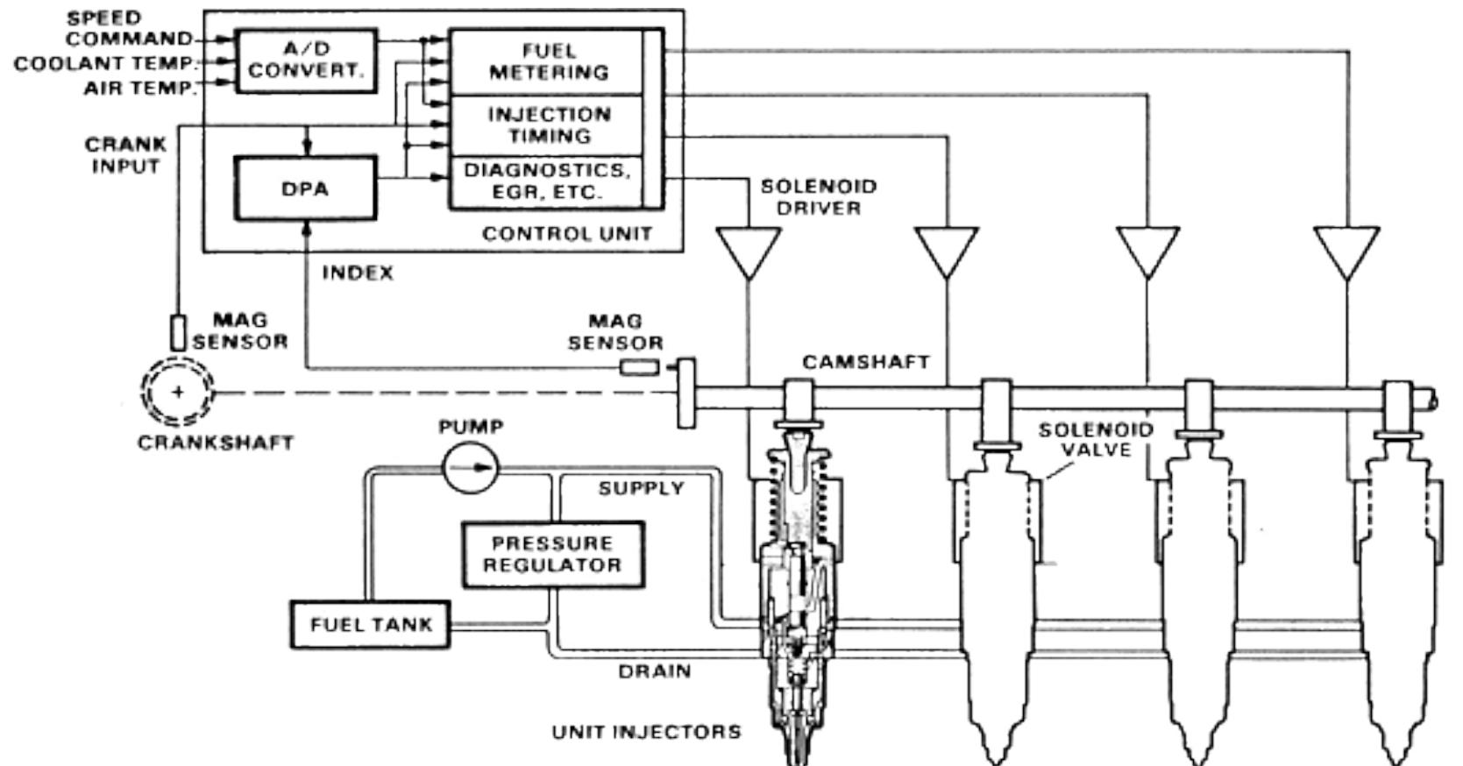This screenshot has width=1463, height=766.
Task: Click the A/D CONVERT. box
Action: pyautogui.click(x=306, y=60)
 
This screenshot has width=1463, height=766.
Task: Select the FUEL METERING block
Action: pyautogui.click(x=547, y=62)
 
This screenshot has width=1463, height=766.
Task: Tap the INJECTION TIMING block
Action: pyautogui.click(x=547, y=125)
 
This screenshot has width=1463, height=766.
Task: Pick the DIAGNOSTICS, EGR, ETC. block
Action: pyautogui.click(x=547, y=181)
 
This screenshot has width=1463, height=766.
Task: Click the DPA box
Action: pyautogui.click(x=305, y=188)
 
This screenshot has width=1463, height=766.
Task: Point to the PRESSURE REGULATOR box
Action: pyautogui.click(x=552, y=555)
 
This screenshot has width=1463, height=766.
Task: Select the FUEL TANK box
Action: pyautogui.click(x=370, y=625)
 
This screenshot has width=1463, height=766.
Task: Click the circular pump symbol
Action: pyautogui.click(x=470, y=467)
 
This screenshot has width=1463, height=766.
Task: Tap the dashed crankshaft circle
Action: pyautogui.click(x=178, y=392)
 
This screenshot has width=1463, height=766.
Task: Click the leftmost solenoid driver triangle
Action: pyautogui.click(x=748, y=249)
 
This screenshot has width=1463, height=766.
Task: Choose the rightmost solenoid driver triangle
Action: pyautogui.click(x=1346, y=249)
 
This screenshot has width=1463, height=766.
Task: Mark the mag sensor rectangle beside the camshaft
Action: pyautogui.click(x=639, y=366)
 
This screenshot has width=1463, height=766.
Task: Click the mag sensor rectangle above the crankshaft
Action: pyautogui.click(x=178, y=333)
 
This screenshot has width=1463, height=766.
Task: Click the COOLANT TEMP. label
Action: pyautogui.click(x=103, y=63)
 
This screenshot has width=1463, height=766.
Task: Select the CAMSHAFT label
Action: pyautogui.click(x=865, y=362)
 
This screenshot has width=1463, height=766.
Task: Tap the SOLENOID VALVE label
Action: pyautogui.click(x=1096, y=440)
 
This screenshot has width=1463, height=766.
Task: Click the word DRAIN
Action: pyautogui.click(x=655, y=671)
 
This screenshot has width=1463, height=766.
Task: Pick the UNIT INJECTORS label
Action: pyautogui.click(x=646, y=731)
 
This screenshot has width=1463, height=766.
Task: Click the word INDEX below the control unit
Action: pyautogui.click(x=358, y=273)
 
